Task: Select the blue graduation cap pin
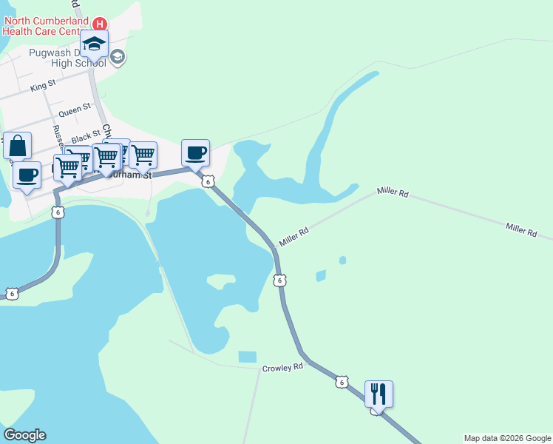(95, 44)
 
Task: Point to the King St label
(44, 87)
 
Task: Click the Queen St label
(74, 109)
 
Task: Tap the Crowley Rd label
(283, 368)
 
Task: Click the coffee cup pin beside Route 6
(195, 153)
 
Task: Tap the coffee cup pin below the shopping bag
(27, 175)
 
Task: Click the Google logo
(24, 435)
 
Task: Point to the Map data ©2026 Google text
(507, 438)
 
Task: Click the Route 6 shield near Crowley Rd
(340, 382)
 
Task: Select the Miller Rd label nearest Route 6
(293, 237)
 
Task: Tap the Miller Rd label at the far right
(521, 229)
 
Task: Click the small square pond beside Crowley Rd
(248, 357)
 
